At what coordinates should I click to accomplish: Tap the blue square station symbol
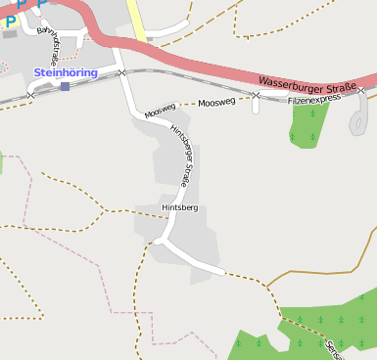click(x=65, y=86)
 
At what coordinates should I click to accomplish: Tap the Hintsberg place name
click(x=180, y=208)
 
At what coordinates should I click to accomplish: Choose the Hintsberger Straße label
click(x=181, y=156)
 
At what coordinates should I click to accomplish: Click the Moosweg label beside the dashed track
click(x=216, y=102)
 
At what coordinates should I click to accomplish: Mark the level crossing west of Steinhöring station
click(x=31, y=95)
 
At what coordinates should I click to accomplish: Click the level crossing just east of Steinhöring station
click(x=121, y=73)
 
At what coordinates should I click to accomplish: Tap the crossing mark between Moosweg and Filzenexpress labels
click(x=256, y=96)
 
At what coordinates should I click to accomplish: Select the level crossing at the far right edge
click(x=360, y=91)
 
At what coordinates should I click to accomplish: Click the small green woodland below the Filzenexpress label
click(x=308, y=125)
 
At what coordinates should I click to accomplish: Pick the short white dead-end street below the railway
click(x=256, y=105)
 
